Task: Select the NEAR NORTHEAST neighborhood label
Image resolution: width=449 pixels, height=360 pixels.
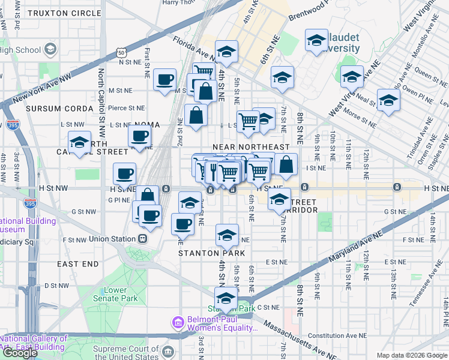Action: point(251,147)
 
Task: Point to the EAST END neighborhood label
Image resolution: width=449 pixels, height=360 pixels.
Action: point(77,263)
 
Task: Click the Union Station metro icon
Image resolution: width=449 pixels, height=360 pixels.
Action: point(143,239)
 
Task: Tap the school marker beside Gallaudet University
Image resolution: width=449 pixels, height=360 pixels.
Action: point(316,41)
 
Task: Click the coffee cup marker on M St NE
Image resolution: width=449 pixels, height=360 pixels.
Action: point(164,80)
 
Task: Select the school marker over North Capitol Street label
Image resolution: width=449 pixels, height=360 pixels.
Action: point(79,143)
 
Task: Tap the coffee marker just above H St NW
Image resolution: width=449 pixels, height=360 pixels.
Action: point(124,174)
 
